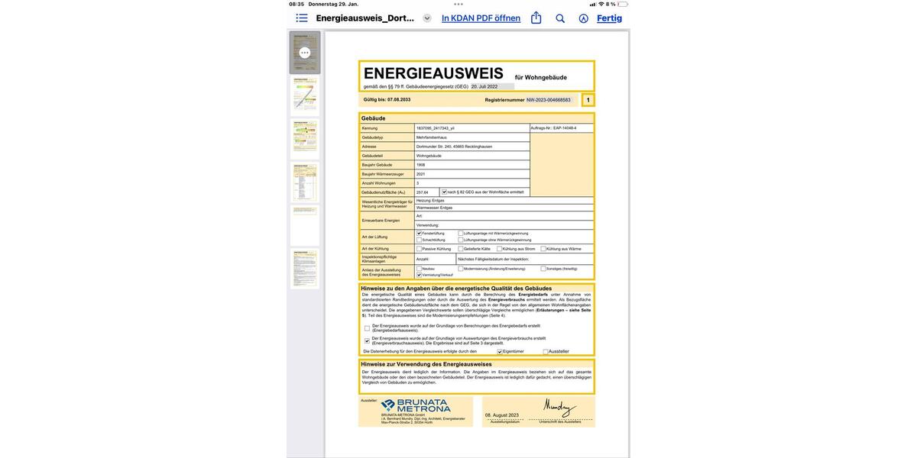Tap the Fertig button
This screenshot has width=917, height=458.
point(609,18)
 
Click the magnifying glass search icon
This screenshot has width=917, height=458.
point(560,18)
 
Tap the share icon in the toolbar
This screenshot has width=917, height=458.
point(536,18)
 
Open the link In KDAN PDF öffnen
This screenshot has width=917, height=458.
point(481,18)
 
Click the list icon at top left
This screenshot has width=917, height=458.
point(302,18)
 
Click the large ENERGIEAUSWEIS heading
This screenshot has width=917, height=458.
point(433,74)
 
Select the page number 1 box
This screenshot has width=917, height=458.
point(588,100)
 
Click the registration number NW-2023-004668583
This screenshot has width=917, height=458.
point(548,100)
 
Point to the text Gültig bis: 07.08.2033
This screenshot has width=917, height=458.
point(387,100)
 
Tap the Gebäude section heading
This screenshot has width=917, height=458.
point(374,118)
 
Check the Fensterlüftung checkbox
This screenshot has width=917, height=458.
point(419,233)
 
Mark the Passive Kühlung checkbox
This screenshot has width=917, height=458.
point(419,249)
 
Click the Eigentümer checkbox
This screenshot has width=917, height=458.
point(500,352)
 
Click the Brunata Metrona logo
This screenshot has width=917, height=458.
point(415,406)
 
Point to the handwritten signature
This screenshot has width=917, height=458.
point(560,407)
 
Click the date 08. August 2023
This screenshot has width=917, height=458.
point(502,415)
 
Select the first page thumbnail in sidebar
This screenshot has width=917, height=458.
point(304,53)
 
